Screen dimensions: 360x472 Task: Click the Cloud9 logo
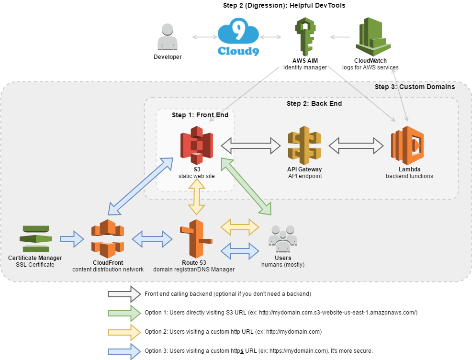tap(238, 37)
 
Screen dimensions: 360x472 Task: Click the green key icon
tap(305, 37)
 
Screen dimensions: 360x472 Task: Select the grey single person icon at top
tap(167, 37)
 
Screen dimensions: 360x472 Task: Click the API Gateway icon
tap(304, 145)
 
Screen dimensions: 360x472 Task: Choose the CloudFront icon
tap(108, 238)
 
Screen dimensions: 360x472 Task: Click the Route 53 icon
tap(194, 238)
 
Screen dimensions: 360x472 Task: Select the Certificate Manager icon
tap(36, 238)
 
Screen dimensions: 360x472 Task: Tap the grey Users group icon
tap(282, 238)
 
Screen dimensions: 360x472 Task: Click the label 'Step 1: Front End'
tap(200, 115)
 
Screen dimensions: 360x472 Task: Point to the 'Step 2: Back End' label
tap(314, 103)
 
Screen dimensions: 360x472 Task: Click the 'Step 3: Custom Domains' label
tap(415, 87)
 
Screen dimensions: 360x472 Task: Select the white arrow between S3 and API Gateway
tap(250, 145)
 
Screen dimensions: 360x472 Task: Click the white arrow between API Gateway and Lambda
tap(356, 146)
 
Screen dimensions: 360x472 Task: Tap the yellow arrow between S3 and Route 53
tap(197, 198)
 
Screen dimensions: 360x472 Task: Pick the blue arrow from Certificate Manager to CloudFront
tap(72, 238)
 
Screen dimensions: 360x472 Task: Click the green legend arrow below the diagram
tap(124, 313)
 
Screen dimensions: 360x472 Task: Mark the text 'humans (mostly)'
tap(282, 265)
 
